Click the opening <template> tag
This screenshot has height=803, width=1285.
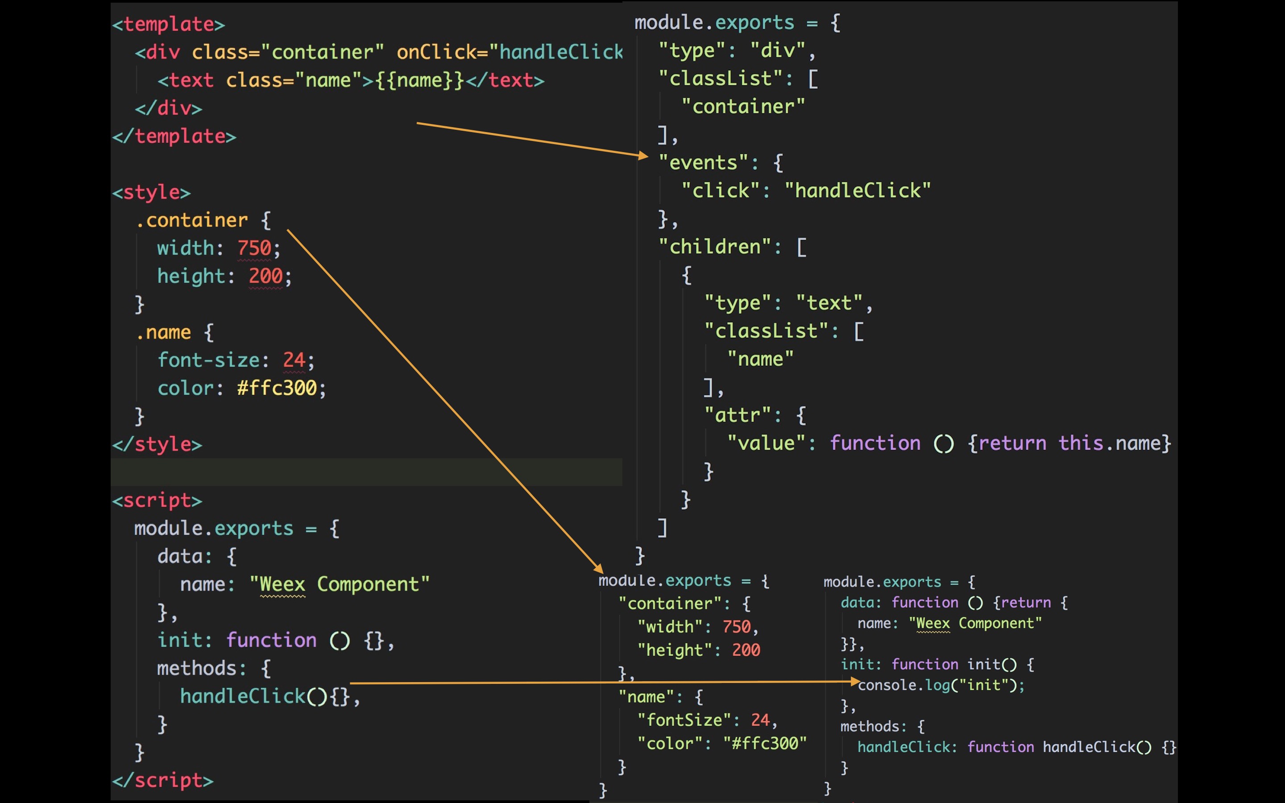(x=168, y=25)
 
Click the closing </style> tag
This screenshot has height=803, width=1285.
(x=157, y=444)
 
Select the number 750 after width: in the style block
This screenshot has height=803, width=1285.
(x=254, y=248)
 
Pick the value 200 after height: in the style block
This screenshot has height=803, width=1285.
(x=265, y=276)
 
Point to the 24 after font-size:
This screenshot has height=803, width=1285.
(x=294, y=360)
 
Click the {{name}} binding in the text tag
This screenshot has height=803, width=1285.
(x=419, y=80)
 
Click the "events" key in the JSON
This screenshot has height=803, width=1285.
(x=703, y=162)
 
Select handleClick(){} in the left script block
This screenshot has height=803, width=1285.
(x=265, y=696)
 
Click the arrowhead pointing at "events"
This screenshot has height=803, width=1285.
(x=643, y=156)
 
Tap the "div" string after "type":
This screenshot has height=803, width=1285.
(x=778, y=50)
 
